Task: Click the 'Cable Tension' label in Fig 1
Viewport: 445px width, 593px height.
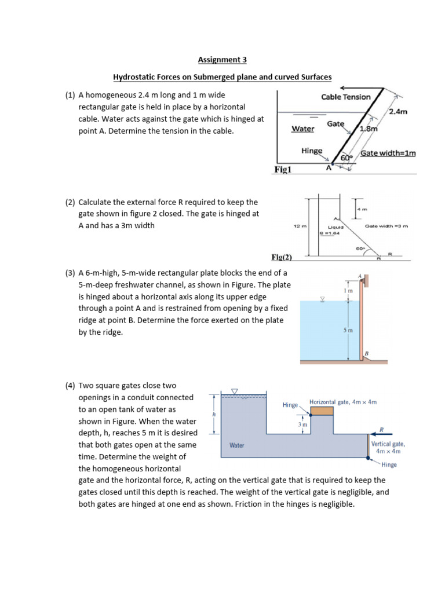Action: coord(345,97)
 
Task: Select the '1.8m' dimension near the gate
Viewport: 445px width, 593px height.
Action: coord(369,129)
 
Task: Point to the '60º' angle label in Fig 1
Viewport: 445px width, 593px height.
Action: coord(346,158)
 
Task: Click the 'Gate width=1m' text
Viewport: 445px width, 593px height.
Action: coord(388,153)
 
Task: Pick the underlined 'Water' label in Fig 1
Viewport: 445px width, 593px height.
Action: coord(302,129)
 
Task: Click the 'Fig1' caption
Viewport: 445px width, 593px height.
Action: coord(284,170)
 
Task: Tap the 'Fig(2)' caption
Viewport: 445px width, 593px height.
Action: coord(282,257)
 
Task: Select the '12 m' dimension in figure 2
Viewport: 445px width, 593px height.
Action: coord(301,226)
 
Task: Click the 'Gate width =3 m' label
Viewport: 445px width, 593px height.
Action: coord(386,226)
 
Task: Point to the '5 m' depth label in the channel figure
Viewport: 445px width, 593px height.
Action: coord(348,330)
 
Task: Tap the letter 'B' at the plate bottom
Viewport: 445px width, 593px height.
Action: coord(366,353)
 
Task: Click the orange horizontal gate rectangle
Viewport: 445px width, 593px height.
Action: coord(322,411)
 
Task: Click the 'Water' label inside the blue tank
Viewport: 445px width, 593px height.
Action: coord(236,445)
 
